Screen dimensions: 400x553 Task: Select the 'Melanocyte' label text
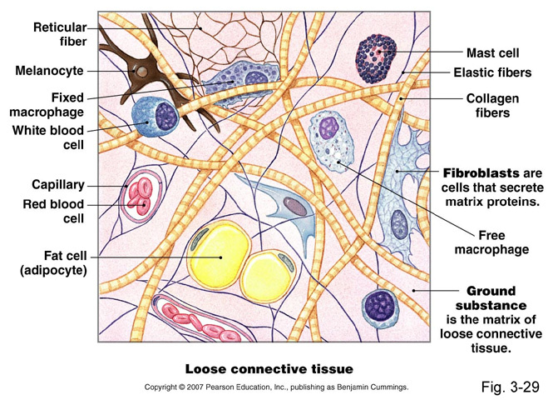point(49,71)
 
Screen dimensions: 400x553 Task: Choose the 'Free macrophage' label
point(496,242)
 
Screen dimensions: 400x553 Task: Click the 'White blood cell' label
point(47,137)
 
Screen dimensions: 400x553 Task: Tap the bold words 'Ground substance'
point(491,298)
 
